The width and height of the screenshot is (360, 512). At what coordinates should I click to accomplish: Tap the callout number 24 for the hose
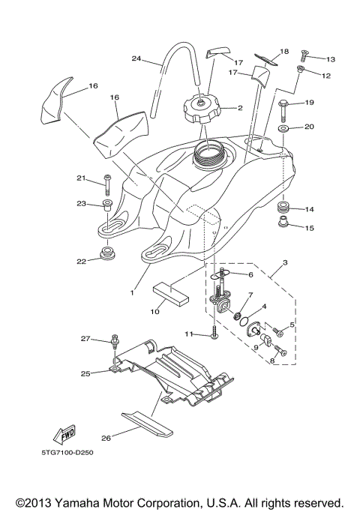(136, 58)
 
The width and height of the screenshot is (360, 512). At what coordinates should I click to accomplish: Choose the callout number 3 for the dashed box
(284, 264)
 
